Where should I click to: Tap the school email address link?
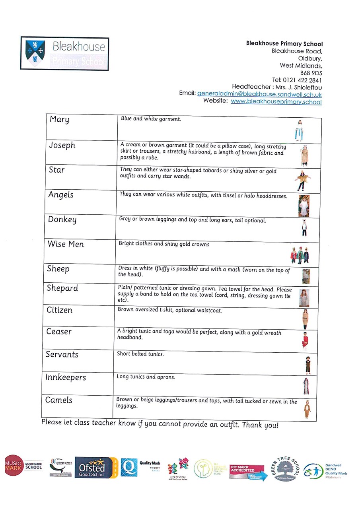point(259,94)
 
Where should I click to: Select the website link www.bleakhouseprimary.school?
point(276,102)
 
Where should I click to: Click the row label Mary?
point(59,119)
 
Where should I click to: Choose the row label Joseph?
point(62,146)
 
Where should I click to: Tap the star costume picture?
point(302,179)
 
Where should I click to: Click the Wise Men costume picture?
point(300,255)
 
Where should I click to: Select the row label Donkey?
point(62,220)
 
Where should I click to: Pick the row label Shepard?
point(62,288)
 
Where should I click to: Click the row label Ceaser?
point(59,332)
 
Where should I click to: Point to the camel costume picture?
point(307,409)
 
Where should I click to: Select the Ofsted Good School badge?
point(96,468)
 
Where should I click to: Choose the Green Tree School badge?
point(286,468)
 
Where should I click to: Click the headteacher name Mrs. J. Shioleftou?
point(298,87)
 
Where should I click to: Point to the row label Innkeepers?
point(65,377)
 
